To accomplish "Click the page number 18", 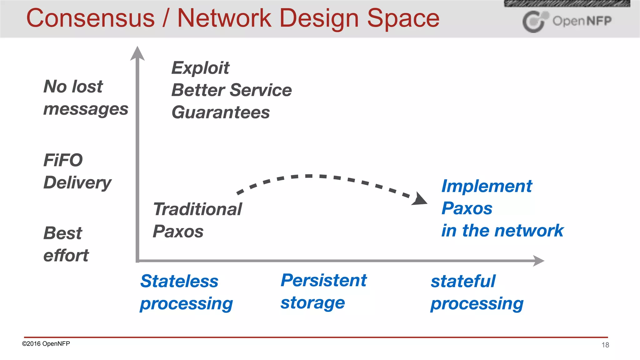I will coord(605,345).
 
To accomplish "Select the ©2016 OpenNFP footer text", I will coord(46,343).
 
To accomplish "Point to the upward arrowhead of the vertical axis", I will coord(137,53).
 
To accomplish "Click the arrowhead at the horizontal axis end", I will coord(538,260).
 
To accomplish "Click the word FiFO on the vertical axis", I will coord(63,160).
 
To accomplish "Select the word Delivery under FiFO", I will coord(77,183).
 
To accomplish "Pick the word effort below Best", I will coord(66,256).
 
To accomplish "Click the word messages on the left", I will coord(86,109).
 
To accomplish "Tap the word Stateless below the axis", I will coord(179,281).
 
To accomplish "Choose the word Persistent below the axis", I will coord(323,280).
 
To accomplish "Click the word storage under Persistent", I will coord(312,303).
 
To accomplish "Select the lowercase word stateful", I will coord(463,281).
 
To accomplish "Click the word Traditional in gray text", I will coord(197,209).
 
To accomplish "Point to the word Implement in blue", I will coord(487,186).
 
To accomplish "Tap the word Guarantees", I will coord(221,112).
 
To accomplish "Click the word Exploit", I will coord(200,68).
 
